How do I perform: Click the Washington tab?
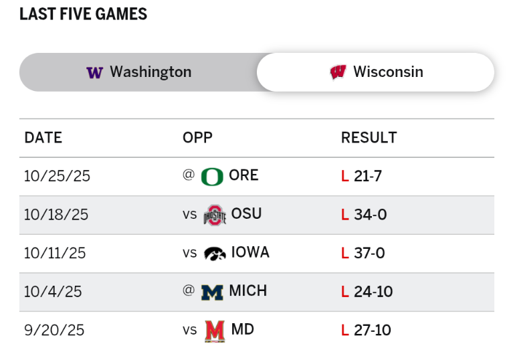click(138, 72)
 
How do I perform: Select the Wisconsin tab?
click(375, 72)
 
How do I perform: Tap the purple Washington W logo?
click(94, 72)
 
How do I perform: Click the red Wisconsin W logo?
click(338, 72)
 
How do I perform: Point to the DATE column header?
click(43, 138)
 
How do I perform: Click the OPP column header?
click(197, 138)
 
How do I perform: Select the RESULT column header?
click(369, 138)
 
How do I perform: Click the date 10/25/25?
click(57, 176)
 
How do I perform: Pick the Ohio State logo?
click(215, 215)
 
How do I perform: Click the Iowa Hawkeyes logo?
click(215, 253)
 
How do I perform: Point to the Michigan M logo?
click(212, 292)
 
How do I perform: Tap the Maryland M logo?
click(215, 331)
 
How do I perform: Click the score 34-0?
click(371, 215)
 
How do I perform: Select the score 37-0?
click(370, 254)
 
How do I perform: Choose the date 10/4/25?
click(53, 292)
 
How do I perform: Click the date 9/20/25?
click(54, 331)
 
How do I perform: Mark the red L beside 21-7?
click(345, 177)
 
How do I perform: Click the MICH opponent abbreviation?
click(247, 291)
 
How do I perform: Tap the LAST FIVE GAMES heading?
click(83, 14)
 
